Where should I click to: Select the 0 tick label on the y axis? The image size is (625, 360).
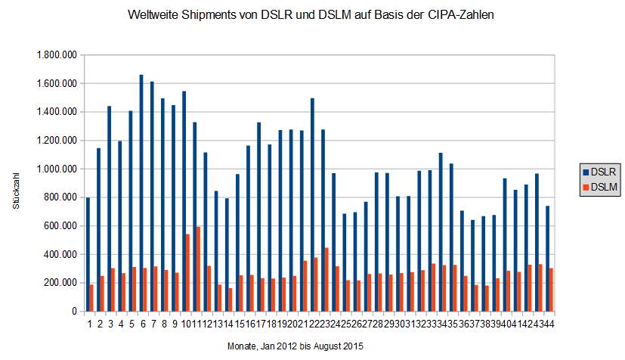[74, 311]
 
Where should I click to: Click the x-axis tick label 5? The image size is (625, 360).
[131, 324]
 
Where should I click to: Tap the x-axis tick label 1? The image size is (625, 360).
[89, 324]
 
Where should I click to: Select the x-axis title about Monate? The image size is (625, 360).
[295, 346]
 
